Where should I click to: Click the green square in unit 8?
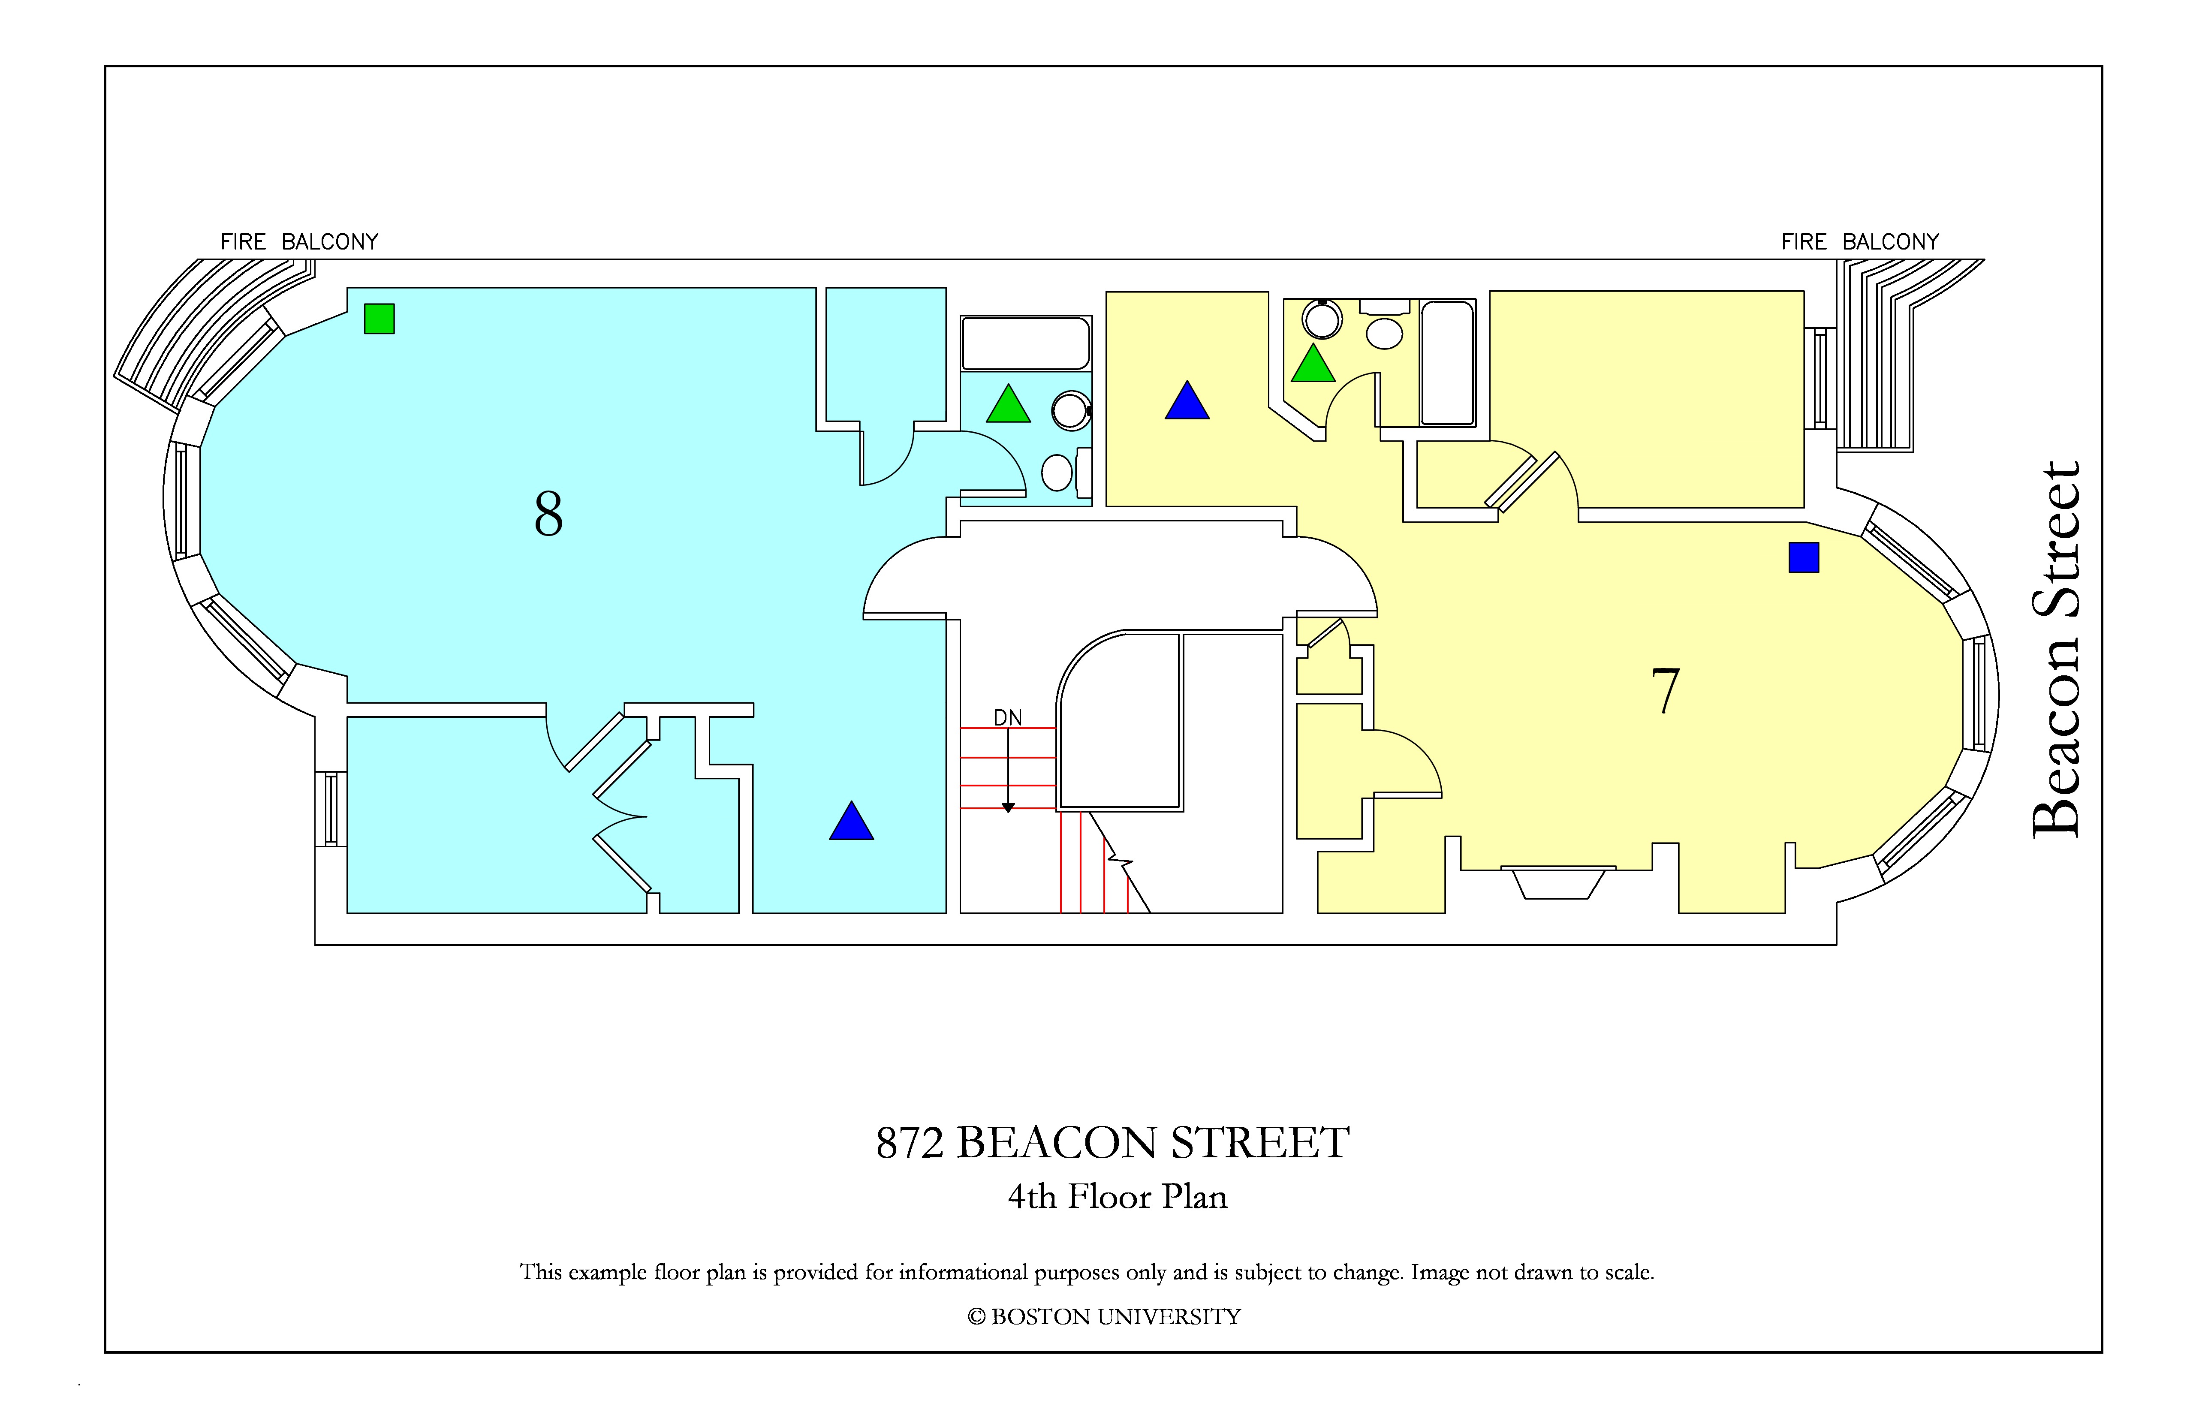click(x=380, y=319)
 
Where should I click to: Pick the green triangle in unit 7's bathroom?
click(x=1313, y=363)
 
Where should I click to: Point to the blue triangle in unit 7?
click(x=1187, y=400)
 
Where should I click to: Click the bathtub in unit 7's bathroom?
click(x=1448, y=363)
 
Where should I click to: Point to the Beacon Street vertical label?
click(x=2056, y=649)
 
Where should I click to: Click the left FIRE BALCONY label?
click(x=300, y=242)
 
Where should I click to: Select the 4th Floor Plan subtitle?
click(x=1118, y=1196)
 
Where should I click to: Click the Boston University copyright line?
click(x=1104, y=1317)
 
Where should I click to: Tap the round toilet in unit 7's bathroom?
click(x=1322, y=319)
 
